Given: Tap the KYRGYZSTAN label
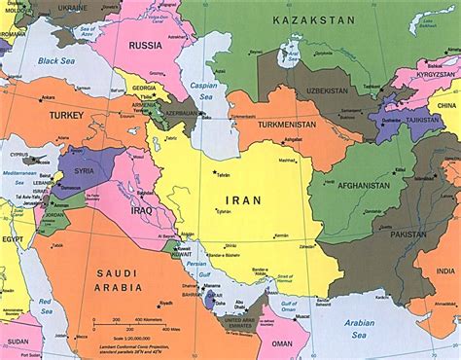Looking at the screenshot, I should pos(435,75).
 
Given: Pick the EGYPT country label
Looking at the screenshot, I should pos(13,237).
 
